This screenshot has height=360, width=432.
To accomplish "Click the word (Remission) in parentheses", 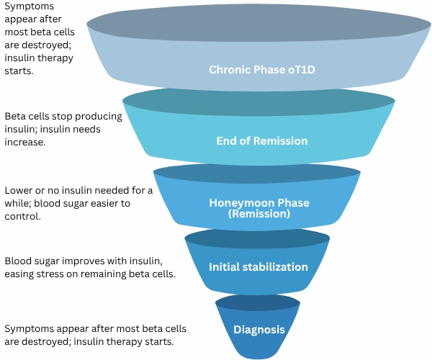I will click(x=258, y=213).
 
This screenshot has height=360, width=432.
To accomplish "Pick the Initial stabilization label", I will click(x=258, y=267).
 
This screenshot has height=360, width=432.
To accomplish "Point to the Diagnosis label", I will click(x=258, y=330).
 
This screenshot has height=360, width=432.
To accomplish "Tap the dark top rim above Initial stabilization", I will click(x=258, y=238).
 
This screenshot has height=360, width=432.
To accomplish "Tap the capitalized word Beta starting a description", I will click(x=17, y=117).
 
